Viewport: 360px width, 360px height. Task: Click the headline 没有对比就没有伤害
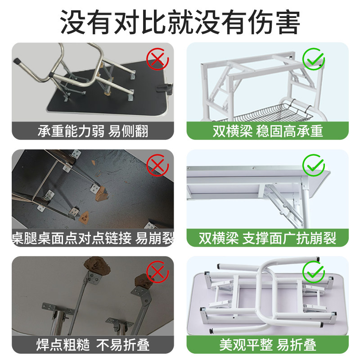[x=180, y=22]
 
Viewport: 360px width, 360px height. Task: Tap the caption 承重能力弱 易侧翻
[x=93, y=131]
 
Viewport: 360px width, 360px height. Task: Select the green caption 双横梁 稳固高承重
[x=268, y=131]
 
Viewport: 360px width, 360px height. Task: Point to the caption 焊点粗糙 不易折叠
[x=93, y=345]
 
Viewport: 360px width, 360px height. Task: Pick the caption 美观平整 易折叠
[x=268, y=345]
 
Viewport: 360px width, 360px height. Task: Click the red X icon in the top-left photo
[x=157, y=59]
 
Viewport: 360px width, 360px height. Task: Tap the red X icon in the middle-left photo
[x=157, y=165]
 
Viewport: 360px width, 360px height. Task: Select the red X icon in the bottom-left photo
[x=157, y=272]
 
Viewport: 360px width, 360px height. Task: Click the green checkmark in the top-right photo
[x=313, y=59]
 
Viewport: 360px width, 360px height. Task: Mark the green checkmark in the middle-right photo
[x=313, y=165]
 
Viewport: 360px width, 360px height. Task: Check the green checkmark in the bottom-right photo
[x=313, y=272]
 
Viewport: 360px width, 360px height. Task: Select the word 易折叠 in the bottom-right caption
[x=297, y=345]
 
